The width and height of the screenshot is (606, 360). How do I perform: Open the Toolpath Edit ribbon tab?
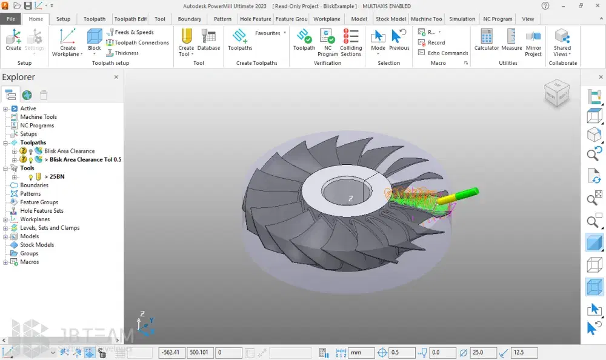130,19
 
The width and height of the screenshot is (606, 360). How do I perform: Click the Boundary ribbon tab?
190,19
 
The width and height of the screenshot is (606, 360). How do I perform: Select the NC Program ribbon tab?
498,19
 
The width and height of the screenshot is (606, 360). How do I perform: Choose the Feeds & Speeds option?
130,32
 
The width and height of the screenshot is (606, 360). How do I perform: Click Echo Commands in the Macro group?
444,53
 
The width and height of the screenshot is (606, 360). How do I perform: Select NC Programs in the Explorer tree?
37,125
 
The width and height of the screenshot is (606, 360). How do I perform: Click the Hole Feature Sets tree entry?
42,211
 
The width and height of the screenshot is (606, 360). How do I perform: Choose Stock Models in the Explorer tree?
37,245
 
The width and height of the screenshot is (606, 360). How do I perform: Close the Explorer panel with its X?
116,78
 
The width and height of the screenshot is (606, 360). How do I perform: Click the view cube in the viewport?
557,93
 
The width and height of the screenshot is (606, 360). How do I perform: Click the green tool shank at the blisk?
466,194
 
